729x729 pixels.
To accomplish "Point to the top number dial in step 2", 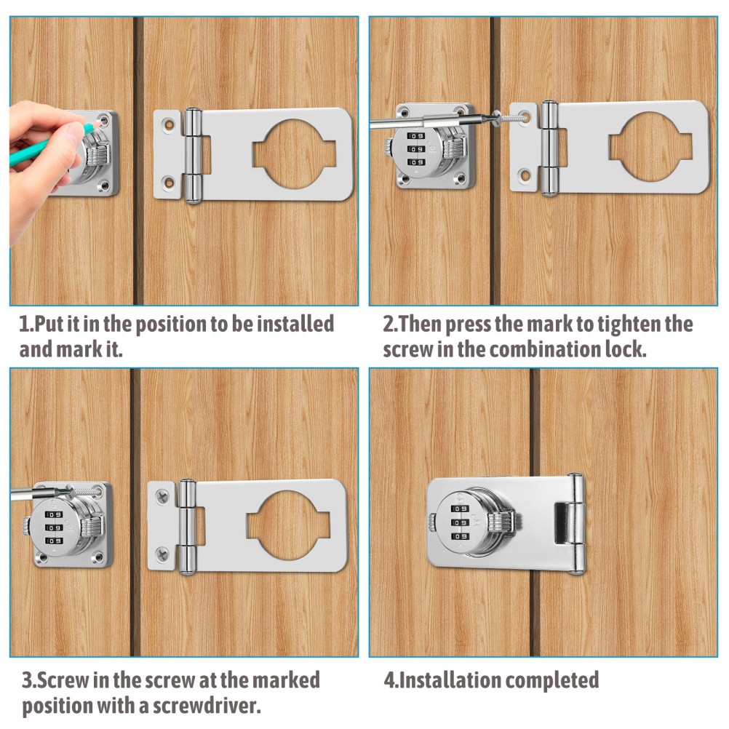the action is coord(415,136).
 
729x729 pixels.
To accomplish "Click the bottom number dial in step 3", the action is coord(54,541).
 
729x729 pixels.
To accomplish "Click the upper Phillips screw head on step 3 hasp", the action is coord(162,497).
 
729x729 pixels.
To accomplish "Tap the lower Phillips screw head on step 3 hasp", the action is coord(162,553).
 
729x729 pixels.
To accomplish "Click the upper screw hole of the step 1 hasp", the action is coord(168,124).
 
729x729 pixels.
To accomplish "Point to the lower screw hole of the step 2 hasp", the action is coord(525,176).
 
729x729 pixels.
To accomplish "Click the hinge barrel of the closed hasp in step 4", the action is coord(577,524).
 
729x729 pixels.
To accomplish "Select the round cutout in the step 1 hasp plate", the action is coord(294,154).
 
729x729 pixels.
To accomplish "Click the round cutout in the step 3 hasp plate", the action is coord(288,525).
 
